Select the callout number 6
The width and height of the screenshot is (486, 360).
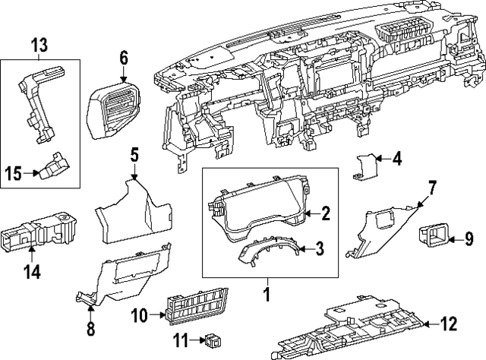click(124, 56)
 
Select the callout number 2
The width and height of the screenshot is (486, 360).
click(326, 214)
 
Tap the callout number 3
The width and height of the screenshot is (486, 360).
click(320, 248)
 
